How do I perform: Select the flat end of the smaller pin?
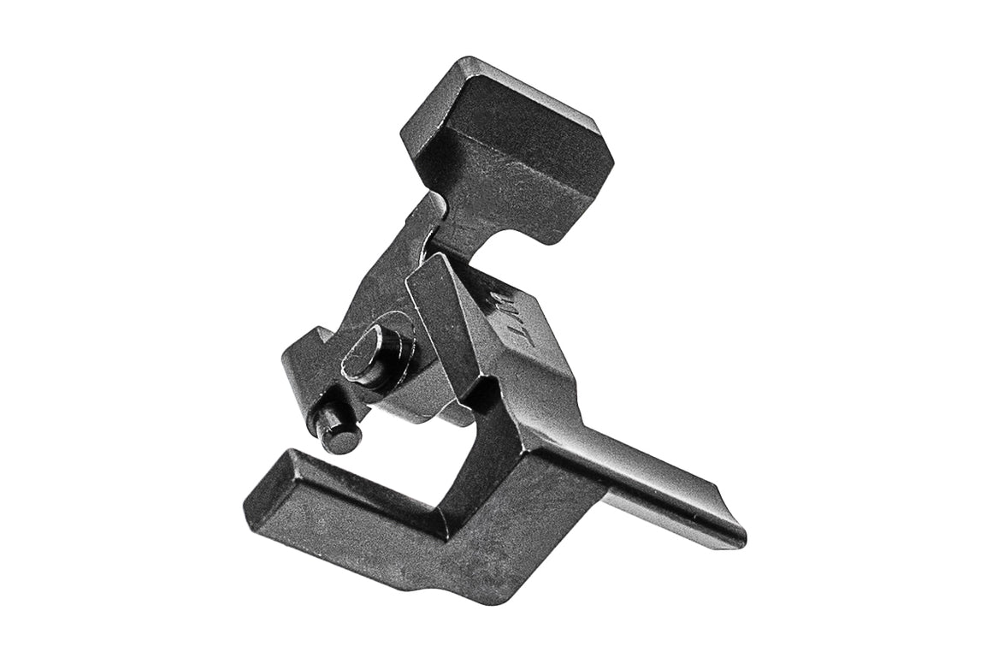click(327, 421)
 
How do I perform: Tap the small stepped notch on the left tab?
click(318, 335)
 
